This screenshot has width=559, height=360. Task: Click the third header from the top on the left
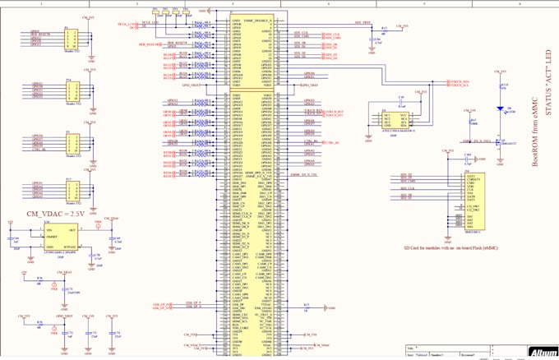[x=73, y=141]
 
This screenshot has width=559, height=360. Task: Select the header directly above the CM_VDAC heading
[x=73, y=192]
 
